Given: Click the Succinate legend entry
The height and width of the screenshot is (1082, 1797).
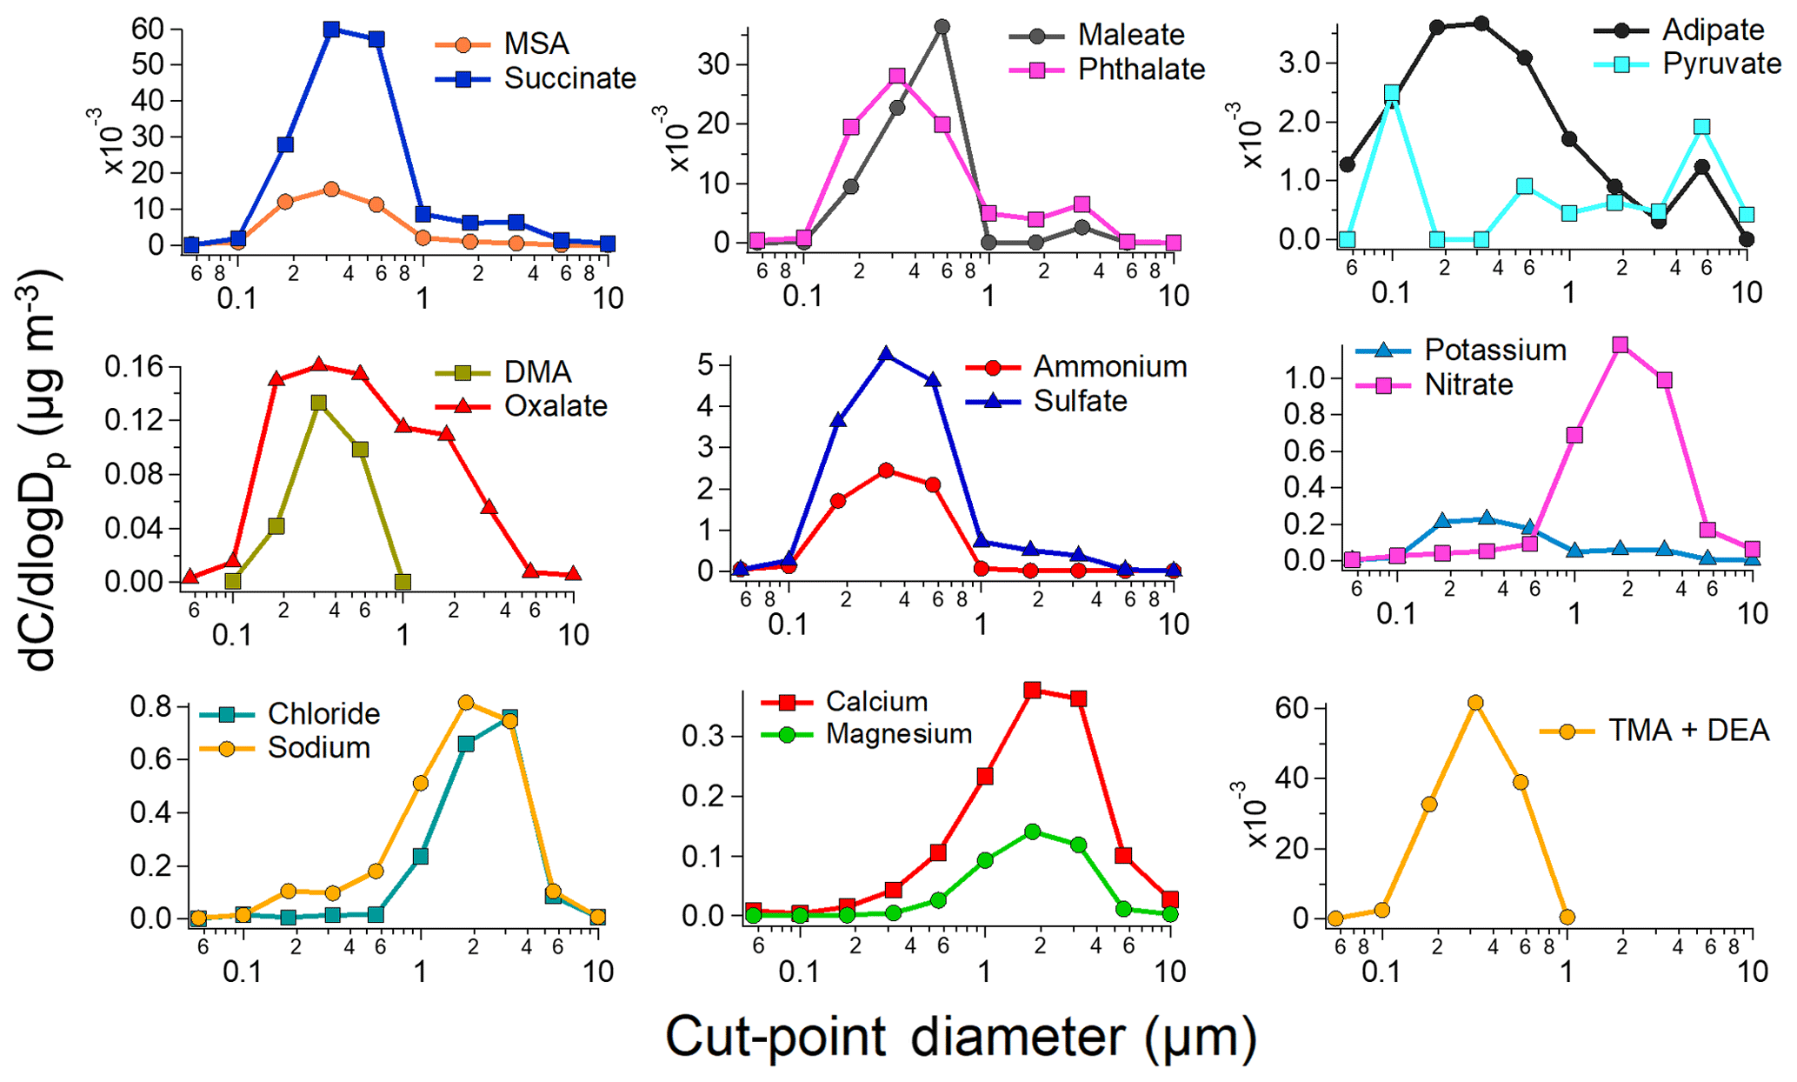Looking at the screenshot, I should coord(569,78).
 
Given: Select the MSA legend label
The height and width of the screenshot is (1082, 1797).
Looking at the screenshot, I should coord(536,43).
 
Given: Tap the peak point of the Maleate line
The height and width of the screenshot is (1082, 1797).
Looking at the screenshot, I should coord(942,27).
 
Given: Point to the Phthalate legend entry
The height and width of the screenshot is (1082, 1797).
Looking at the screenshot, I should coord(1141,70).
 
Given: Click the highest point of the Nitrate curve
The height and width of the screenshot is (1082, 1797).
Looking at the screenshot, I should coord(1620,345).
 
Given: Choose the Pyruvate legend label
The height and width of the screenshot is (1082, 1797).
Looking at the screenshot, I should coord(1721,63).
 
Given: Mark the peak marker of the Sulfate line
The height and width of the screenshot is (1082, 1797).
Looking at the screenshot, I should coord(886,354).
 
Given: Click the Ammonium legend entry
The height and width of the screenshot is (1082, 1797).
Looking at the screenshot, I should coord(1109,367).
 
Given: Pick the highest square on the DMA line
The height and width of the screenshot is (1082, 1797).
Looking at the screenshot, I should coord(319,403).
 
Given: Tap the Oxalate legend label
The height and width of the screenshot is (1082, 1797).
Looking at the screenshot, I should coord(556,406).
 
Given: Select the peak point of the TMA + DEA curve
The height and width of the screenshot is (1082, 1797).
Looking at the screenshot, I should coord(1475,703).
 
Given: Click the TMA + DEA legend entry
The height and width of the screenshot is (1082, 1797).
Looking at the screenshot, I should coord(1687,731).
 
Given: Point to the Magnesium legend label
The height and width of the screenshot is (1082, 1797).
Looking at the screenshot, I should coord(898,734).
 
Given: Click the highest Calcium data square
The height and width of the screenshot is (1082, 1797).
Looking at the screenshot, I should coord(1033,691).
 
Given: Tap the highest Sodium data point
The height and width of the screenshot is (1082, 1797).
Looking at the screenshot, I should coord(466,703).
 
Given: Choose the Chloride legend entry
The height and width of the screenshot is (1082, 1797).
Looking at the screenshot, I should coord(323,714).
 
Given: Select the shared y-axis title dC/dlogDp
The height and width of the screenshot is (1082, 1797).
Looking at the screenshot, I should coord(42,470).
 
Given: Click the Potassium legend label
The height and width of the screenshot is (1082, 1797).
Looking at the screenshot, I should coord(1494,350).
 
